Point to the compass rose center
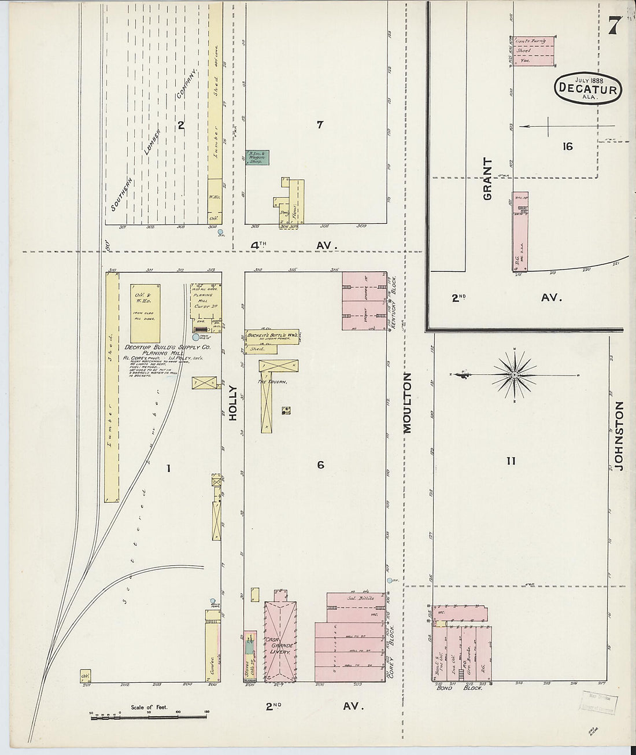(x=514, y=375)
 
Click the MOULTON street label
(x=408, y=403)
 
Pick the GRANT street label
(x=487, y=179)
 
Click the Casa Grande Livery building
(x=280, y=642)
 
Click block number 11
(x=511, y=461)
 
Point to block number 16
(x=567, y=146)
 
